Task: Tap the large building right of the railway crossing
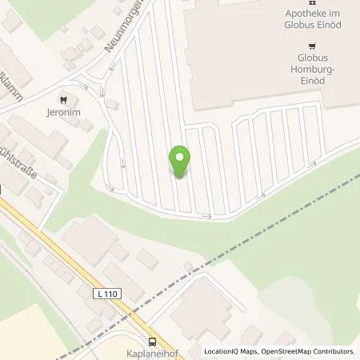pos(200,308)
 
